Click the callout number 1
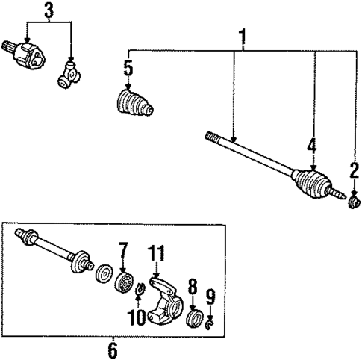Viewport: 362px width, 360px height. [241, 35]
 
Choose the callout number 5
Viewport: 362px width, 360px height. [128, 69]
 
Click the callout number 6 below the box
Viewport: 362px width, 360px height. [113, 348]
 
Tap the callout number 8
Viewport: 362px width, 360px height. [193, 288]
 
